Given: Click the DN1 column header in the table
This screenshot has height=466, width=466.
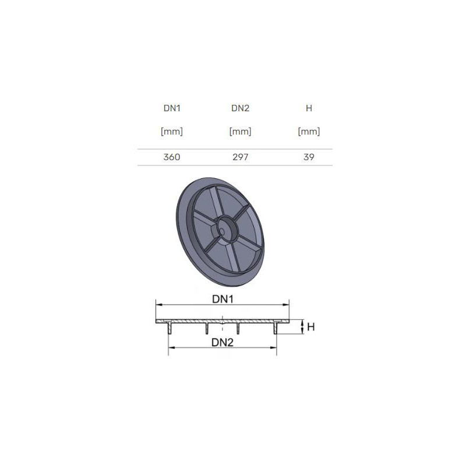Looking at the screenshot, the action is point(172,108).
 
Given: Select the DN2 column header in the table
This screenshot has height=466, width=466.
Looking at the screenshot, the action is point(240,108).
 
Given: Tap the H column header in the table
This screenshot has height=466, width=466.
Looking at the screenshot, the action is point(309,108).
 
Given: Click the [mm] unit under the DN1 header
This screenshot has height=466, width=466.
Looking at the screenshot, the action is point(172,132).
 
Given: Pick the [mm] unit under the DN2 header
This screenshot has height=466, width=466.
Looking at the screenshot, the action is point(240,132).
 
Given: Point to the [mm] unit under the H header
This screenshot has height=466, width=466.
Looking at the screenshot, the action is point(309,132).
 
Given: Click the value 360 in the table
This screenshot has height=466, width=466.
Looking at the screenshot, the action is point(172,157).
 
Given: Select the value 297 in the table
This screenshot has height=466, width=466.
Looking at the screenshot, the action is point(240,157).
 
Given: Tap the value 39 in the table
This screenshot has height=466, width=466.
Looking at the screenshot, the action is point(309,157).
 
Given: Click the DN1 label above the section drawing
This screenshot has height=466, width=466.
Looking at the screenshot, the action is point(223,299).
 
